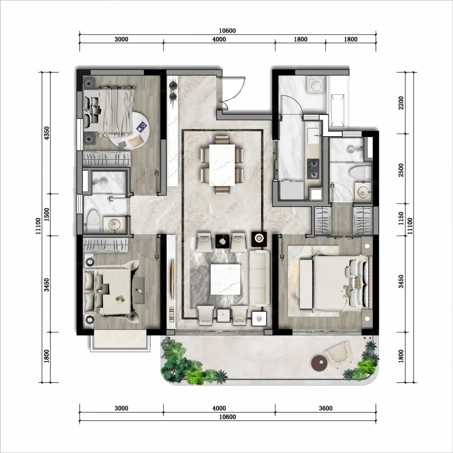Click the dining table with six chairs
click(222, 165)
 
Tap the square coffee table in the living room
click(226, 279)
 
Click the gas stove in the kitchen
click(313, 169)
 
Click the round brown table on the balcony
click(319, 363)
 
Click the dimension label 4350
click(47, 133)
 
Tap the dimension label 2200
click(401, 103)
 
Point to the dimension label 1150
click(401, 218)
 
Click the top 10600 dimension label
click(227, 31)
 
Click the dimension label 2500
click(401, 170)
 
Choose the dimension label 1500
click(47, 214)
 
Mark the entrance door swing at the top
click(234, 93)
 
